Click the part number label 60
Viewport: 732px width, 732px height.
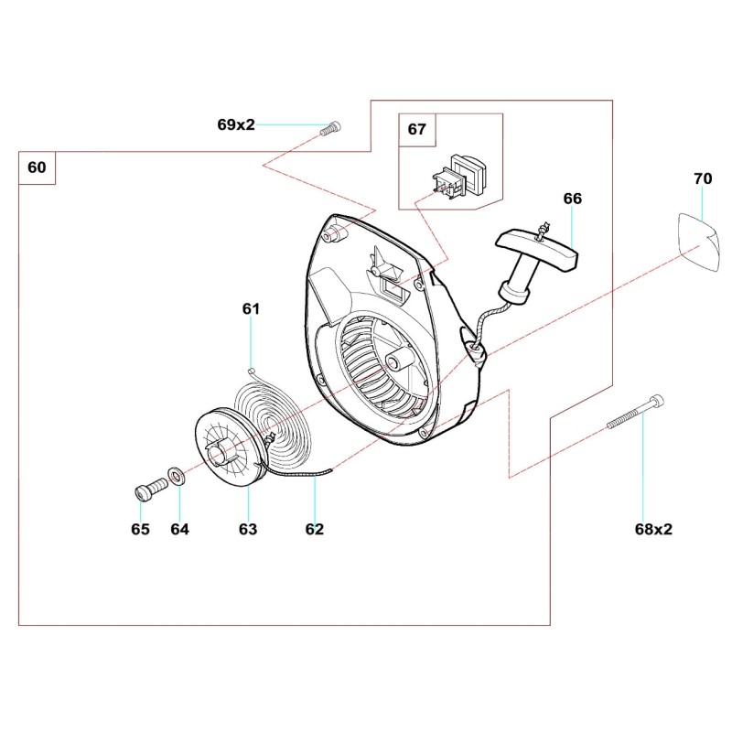click(x=37, y=167)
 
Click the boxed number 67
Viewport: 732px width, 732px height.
click(x=416, y=130)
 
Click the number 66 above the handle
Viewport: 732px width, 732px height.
click(x=573, y=199)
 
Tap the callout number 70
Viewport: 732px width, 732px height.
click(x=702, y=179)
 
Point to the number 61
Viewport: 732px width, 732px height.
click(x=251, y=309)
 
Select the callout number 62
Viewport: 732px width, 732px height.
click(x=314, y=529)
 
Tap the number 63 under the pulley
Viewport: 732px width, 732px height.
click(x=247, y=529)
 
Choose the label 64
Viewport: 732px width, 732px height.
click(x=179, y=529)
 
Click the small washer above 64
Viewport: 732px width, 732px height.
click(x=175, y=477)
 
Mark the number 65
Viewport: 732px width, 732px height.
click(x=140, y=529)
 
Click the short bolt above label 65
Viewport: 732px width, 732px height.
click(x=146, y=490)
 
